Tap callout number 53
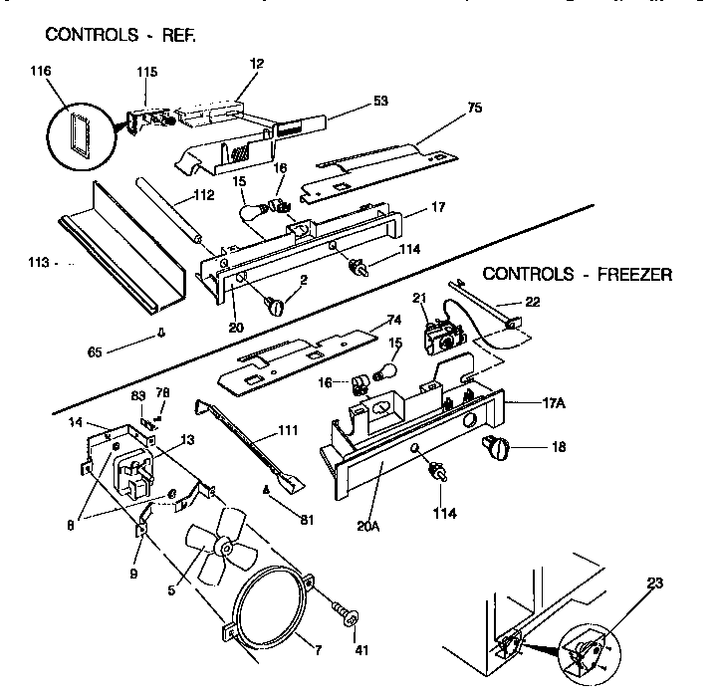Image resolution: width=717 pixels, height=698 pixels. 354,101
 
